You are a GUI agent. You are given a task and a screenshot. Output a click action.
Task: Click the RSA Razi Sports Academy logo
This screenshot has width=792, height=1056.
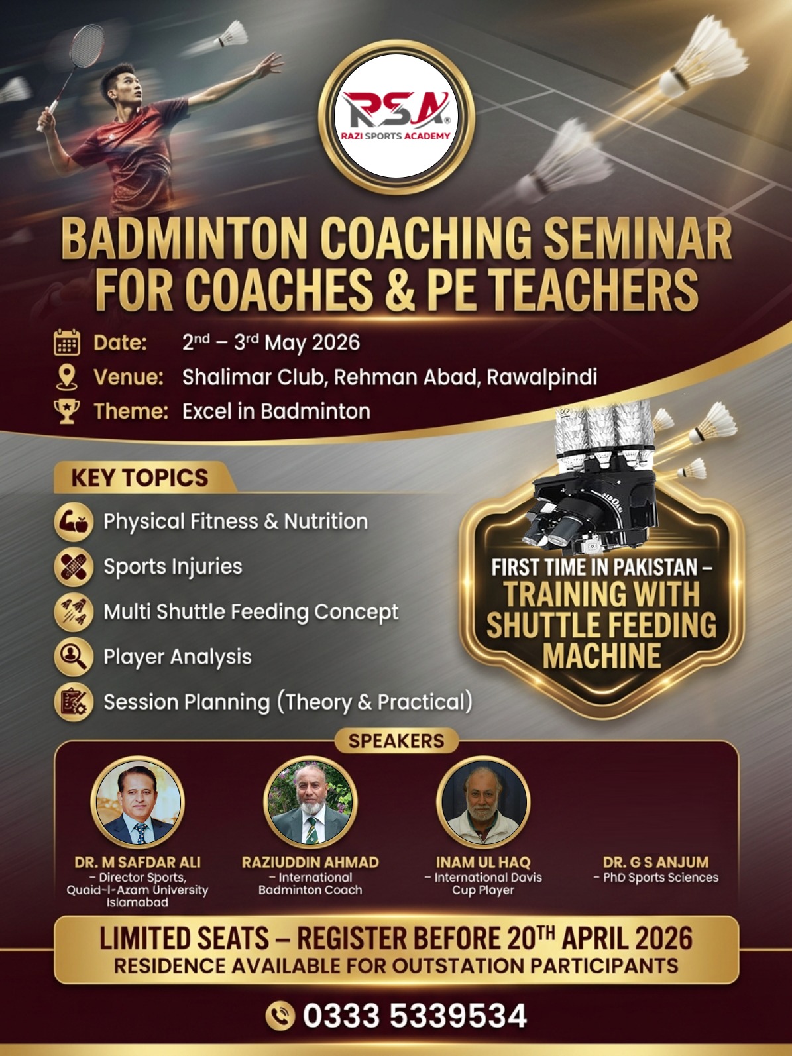[396, 117]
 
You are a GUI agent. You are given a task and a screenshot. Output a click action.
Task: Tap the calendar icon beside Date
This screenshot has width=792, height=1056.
[66, 342]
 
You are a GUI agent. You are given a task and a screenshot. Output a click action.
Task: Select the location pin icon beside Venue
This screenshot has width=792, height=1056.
[66, 377]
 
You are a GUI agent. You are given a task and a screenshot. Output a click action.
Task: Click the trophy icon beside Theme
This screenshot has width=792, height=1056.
[66, 411]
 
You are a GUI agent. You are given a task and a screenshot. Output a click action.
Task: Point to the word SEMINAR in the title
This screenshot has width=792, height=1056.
[638, 240]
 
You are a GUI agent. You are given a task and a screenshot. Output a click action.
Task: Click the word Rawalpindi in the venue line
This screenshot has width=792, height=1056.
[541, 377]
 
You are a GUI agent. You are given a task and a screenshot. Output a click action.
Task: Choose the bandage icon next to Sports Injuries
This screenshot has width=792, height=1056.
[74, 566]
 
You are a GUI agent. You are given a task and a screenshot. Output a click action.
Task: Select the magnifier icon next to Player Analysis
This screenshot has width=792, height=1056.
[74, 657]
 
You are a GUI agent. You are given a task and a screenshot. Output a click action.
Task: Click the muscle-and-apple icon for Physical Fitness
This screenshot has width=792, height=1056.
[74, 521]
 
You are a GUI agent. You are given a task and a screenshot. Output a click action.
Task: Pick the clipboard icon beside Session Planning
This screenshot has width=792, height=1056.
[74, 702]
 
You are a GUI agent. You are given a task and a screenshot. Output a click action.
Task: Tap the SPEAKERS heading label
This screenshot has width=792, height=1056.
[396, 741]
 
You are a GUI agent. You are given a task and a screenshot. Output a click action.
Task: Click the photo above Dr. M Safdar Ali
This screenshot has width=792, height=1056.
[138, 802]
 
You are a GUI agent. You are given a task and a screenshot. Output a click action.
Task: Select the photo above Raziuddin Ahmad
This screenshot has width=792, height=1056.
[310, 802]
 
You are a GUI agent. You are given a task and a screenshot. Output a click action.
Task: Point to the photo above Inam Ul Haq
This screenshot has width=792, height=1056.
[483, 802]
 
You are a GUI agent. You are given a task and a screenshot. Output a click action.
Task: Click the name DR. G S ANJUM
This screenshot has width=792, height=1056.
[656, 862]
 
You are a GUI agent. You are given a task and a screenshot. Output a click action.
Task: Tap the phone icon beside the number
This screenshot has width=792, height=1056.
[280, 1015]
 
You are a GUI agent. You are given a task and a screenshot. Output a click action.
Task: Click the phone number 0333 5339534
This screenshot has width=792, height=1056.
[415, 1016]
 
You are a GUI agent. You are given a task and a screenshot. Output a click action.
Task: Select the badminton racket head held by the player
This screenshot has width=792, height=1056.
[87, 45]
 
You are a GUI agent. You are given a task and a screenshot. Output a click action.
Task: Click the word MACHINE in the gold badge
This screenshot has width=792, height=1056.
[602, 655]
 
